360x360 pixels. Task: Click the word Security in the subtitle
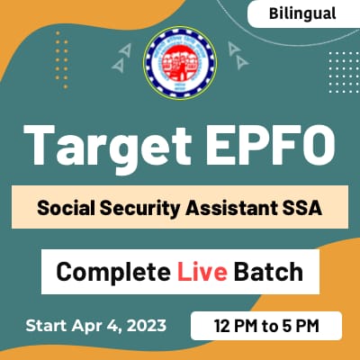[146, 207]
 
